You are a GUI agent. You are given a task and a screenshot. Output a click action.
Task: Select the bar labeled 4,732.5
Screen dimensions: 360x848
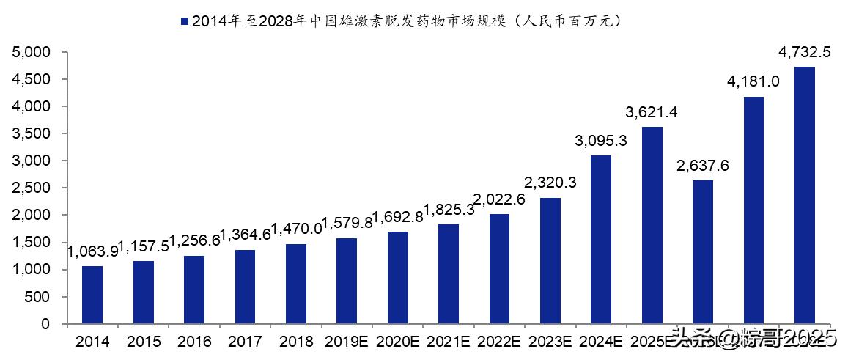[x=805, y=195]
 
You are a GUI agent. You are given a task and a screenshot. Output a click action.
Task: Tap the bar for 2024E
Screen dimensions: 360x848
[x=601, y=240]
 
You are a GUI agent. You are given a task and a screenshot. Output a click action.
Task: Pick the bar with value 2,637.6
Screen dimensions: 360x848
[x=703, y=252]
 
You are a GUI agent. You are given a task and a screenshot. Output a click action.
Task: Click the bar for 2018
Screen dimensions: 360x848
[x=296, y=284]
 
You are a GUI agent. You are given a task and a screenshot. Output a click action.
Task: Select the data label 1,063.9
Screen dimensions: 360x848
[x=91, y=252]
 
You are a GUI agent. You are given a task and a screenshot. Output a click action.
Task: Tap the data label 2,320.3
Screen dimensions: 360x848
[x=550, y=183]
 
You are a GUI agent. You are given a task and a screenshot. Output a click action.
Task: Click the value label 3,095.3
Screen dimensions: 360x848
[x=600, y=141]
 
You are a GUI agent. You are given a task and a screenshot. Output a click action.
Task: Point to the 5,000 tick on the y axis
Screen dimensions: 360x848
[x=30, y=53]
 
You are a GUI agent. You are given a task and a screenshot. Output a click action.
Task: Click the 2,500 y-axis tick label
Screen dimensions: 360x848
[x=30, y=188]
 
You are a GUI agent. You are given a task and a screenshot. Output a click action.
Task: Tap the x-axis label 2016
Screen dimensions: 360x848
[x=194, y=342]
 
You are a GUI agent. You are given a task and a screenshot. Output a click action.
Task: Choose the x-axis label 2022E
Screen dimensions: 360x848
[x=499, y=342]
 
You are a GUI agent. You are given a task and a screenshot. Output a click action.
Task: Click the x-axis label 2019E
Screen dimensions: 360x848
[x=347, y=342]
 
